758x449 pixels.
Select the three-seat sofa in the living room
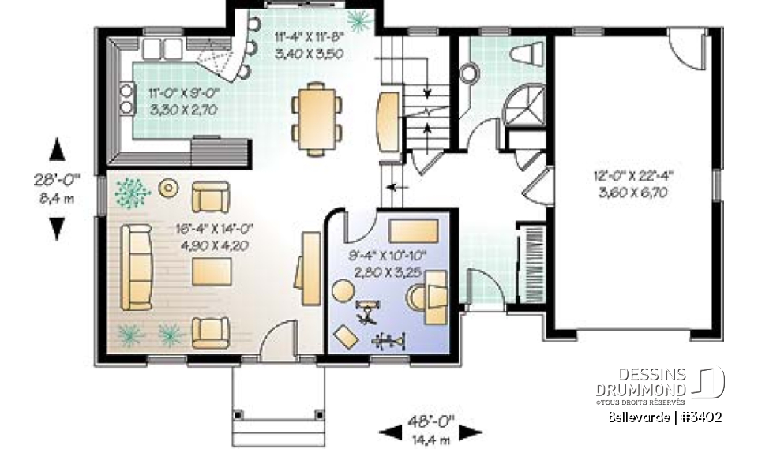(x=135, y=267)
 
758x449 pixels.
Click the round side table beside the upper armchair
(x=168, y=188)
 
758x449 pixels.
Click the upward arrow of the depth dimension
(x=57, y=149)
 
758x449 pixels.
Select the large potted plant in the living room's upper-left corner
(x=130, y=191)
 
